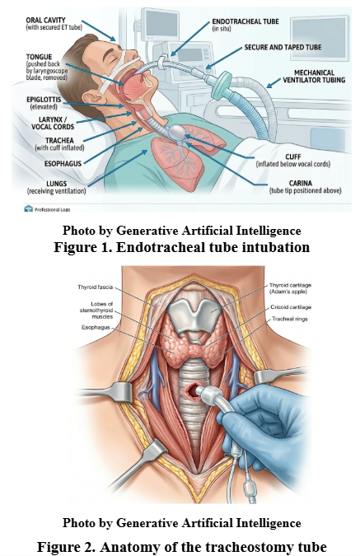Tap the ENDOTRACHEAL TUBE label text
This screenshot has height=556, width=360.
[245, 21]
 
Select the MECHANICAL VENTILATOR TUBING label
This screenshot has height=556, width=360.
[314, 77]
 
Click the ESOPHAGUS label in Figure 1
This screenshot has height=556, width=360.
[63, 163]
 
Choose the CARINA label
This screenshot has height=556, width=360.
[301, 183]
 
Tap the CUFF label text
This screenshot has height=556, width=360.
[293, 157]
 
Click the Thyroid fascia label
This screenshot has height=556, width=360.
[95, 287]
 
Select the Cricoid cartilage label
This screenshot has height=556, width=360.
[291, 307]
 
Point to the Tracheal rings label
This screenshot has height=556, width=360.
[290, 319]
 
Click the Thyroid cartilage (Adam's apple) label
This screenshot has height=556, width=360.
[290, 288]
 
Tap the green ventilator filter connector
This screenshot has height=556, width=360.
[222, 85]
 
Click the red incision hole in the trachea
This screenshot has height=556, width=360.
[192, 391]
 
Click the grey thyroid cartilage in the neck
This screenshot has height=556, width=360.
[194, 316]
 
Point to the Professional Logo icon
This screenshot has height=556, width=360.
[28, 209]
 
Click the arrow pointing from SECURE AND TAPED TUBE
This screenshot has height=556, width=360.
[224, 58]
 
